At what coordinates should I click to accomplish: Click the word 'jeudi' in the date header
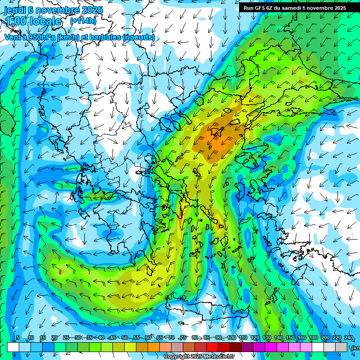pos(15,9)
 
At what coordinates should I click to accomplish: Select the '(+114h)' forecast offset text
pos(83,21)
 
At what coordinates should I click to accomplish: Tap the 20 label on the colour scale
pos(54,338)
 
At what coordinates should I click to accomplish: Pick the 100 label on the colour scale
pos(231,338)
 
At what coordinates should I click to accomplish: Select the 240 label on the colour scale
pos(348,338)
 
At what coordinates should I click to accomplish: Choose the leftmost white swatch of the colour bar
pos(13,347)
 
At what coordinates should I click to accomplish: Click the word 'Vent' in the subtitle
pos(13,37)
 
